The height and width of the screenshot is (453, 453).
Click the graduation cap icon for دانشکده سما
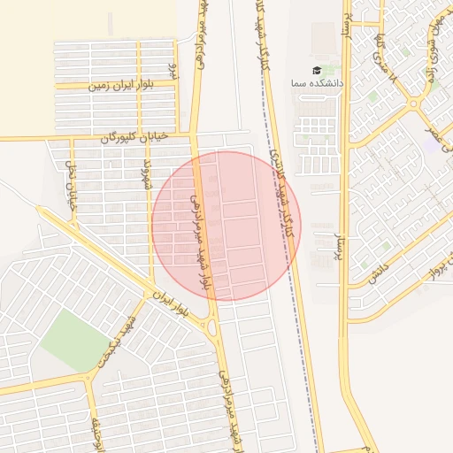[317, 70]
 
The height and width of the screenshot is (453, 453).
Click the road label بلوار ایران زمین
[121, 86]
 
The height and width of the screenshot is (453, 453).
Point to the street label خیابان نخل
[73, 182]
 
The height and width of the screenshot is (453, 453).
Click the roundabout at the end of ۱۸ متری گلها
[413, 104]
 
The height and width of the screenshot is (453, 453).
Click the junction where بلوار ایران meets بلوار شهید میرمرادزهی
[213, 326]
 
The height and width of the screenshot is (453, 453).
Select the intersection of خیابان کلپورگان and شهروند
[148, 137]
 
